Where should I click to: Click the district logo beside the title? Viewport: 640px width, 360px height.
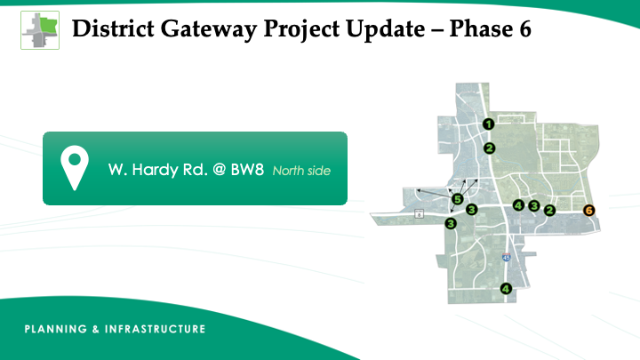pyautogui.click(x=40, y=30)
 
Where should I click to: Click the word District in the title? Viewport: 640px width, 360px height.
pyautogui.click(x=114, y=28)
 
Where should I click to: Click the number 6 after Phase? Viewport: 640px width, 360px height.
pyautogui.click(x=525, y=29)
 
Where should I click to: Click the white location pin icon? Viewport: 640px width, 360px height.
pyautogui.click(x=75, y=168)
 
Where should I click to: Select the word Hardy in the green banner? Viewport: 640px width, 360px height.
pyautogui.click(x=155, y=170)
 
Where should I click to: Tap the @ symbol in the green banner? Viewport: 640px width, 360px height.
pyautogui.click(x=220, y=170)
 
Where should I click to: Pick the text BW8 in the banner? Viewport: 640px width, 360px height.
pyautogui.click(x=247, y=170)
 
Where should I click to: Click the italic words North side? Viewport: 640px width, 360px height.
pyautogui.click(x=301, y=171)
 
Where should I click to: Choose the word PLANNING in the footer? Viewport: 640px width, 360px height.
pyautogui.click(x=56, y=329)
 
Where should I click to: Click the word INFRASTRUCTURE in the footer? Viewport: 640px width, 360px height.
pyautogui.click(x=155, y=329)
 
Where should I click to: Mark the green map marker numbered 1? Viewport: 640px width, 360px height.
pyautogui.click(x=489, y=124)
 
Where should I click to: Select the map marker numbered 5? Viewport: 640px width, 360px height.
pyautogui.click(x=458, y=199)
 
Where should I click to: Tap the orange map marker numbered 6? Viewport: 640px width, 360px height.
pyautogui.click(x=588, y=210)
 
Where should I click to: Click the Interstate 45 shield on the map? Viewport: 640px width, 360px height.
pyautogui.click(x=506, y=257)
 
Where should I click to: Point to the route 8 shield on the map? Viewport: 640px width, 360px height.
pyautogui.click(x=419, y=213)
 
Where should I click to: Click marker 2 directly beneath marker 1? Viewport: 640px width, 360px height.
pyautogui.click(x=490, y=148)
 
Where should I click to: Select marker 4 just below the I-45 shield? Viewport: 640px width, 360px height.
pyautogui.click(x=506, y=289)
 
